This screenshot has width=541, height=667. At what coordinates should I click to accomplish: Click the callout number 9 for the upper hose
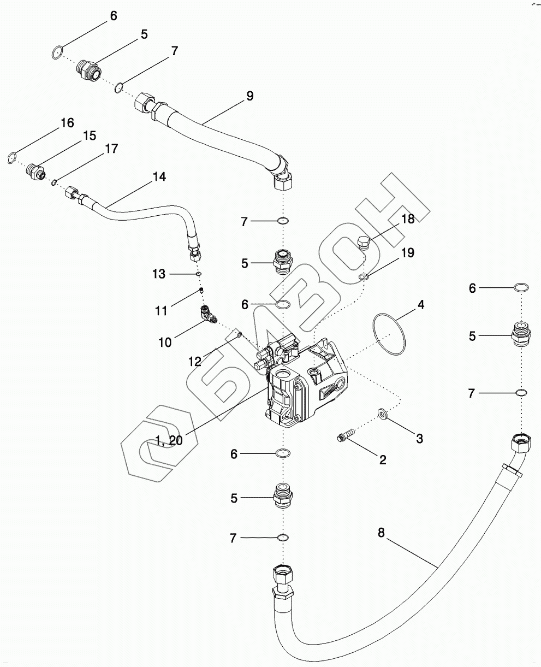[249, 96]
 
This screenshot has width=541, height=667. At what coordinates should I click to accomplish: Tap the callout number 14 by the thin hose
[159, 177]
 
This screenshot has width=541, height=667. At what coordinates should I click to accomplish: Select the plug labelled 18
[364, 242]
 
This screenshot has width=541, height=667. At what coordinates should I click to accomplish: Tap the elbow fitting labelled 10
[208, 315]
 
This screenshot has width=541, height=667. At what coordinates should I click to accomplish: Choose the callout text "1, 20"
[169, 441]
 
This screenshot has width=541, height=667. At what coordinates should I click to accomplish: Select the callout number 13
[159, 274]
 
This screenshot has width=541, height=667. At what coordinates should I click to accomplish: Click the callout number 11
[161, 310]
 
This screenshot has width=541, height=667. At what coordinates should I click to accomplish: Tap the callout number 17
[111, 149]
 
